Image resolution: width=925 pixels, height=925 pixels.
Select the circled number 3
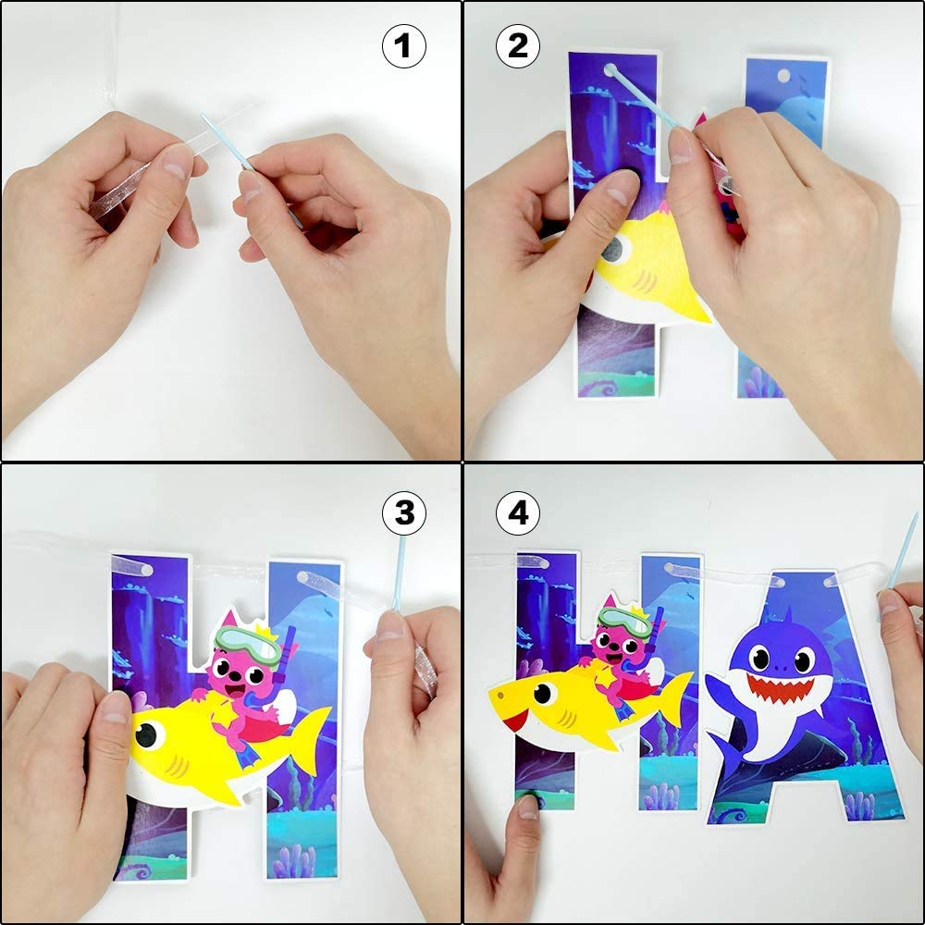tap(403, 512)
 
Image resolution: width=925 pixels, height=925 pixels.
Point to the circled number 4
tap(518, 512)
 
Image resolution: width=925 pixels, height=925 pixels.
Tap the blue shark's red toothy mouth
tap(779, 689)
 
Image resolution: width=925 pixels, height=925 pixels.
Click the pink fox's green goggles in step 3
tap(248, 644)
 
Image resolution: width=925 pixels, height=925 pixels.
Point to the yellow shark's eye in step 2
tap(618, 247)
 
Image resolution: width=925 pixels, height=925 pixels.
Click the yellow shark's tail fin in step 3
tap(310, 735)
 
